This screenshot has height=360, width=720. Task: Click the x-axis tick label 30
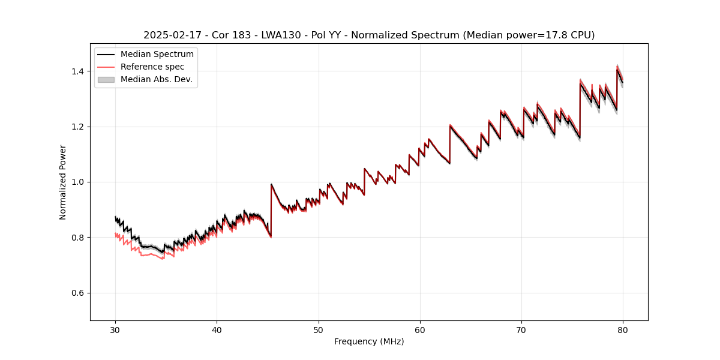point(115,330)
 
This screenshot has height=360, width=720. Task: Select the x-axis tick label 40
point(217,330)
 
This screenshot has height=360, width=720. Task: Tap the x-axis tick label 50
point(319,330)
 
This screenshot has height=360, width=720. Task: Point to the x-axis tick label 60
point(420,330)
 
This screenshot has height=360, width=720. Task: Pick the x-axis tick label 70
point(521,330)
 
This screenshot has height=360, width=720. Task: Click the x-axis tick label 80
point(623,330)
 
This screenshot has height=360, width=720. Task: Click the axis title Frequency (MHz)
point(369,341)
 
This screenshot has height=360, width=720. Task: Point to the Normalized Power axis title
point(63,182)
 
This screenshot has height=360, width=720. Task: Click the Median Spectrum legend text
point(157,55)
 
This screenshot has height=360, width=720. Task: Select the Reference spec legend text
point(152,67)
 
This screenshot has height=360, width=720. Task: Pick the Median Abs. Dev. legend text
point(157,79)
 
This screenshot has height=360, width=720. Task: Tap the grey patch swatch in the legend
point(106,79)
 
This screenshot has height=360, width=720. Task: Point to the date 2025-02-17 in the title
point(168,35)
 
